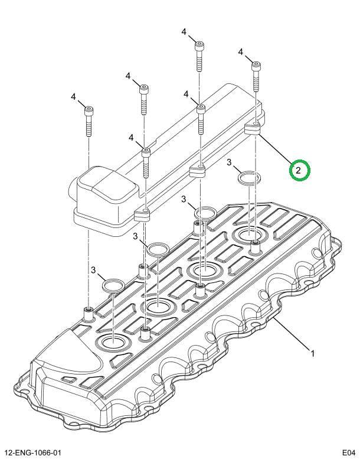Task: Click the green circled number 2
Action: (299, 170)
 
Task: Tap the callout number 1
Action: (313, 354)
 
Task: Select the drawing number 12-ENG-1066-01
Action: (37, 453)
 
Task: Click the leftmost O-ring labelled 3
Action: (112, 287)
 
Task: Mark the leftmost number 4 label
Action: (73, 97)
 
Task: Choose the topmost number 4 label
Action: (184, 31)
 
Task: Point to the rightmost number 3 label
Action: (230, 162)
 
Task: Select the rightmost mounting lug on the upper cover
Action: (253, 128)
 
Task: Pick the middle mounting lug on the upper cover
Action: (197, 171)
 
